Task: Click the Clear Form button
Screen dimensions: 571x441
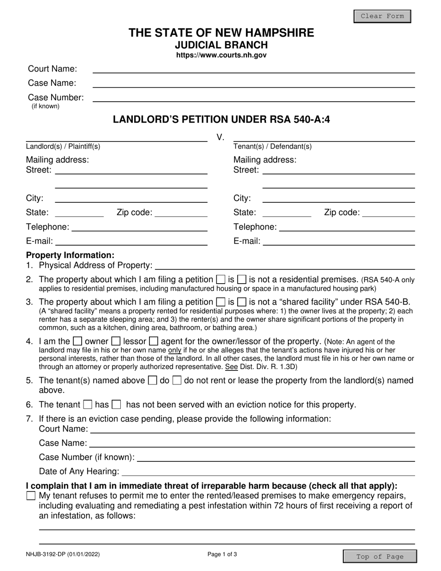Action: tap(382, 16)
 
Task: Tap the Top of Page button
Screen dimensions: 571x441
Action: tap(380, 557)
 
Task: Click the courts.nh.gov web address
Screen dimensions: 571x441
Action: tap(221, 55)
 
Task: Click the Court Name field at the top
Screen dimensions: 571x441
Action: tap(253, 69)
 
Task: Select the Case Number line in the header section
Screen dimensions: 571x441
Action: tap(253, 98)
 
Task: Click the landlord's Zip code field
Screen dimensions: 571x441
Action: tap(181, 213)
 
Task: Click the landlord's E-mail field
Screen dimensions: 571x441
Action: tap(131, 241)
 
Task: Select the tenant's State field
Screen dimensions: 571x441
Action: tap(286, 213)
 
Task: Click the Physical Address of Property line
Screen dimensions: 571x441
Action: tap(285, 266)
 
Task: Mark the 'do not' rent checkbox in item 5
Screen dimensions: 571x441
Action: tap(177, 381)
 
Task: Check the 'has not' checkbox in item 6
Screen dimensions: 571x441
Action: tap(117, 405)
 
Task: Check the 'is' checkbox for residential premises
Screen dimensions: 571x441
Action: tap(221, 280)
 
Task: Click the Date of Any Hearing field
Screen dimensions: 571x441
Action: tap(268, 472)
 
